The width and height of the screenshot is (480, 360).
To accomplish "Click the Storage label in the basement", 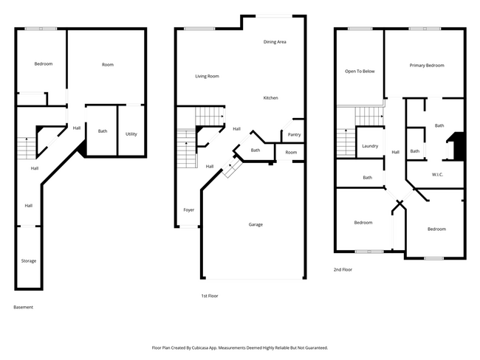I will tap(28, 260).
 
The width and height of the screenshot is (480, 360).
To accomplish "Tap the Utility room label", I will tap(131, 134).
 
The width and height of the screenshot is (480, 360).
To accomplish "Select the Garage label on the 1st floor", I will tap(256, 224).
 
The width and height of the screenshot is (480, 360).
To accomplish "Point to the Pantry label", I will tap(294, 135).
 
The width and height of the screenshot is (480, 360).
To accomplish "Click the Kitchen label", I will tap(271, 97).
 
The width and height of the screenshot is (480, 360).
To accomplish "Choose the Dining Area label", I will tap(275, 42).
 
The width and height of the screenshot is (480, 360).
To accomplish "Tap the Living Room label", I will tap(207, 76).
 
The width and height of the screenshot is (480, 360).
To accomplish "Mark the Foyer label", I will tap(188, 210).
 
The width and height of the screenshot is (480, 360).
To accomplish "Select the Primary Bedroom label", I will tap(427, 66).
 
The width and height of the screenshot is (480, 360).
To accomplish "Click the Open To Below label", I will tap(360, 71).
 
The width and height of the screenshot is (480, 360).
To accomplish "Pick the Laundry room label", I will tap(370, 146).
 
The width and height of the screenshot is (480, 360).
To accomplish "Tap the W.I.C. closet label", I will tap(436, 175).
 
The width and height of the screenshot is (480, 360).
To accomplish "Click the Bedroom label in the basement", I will tap(44, 64).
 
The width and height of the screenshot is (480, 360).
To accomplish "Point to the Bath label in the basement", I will tap(103, 131).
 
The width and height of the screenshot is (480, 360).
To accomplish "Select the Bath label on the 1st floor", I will tap(256, 150).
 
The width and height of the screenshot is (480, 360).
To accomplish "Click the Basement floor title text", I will tap(24, 307).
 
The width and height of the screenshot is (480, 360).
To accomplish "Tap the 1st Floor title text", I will tap(210, 295).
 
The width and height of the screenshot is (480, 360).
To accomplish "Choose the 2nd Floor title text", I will tap(343, 270).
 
